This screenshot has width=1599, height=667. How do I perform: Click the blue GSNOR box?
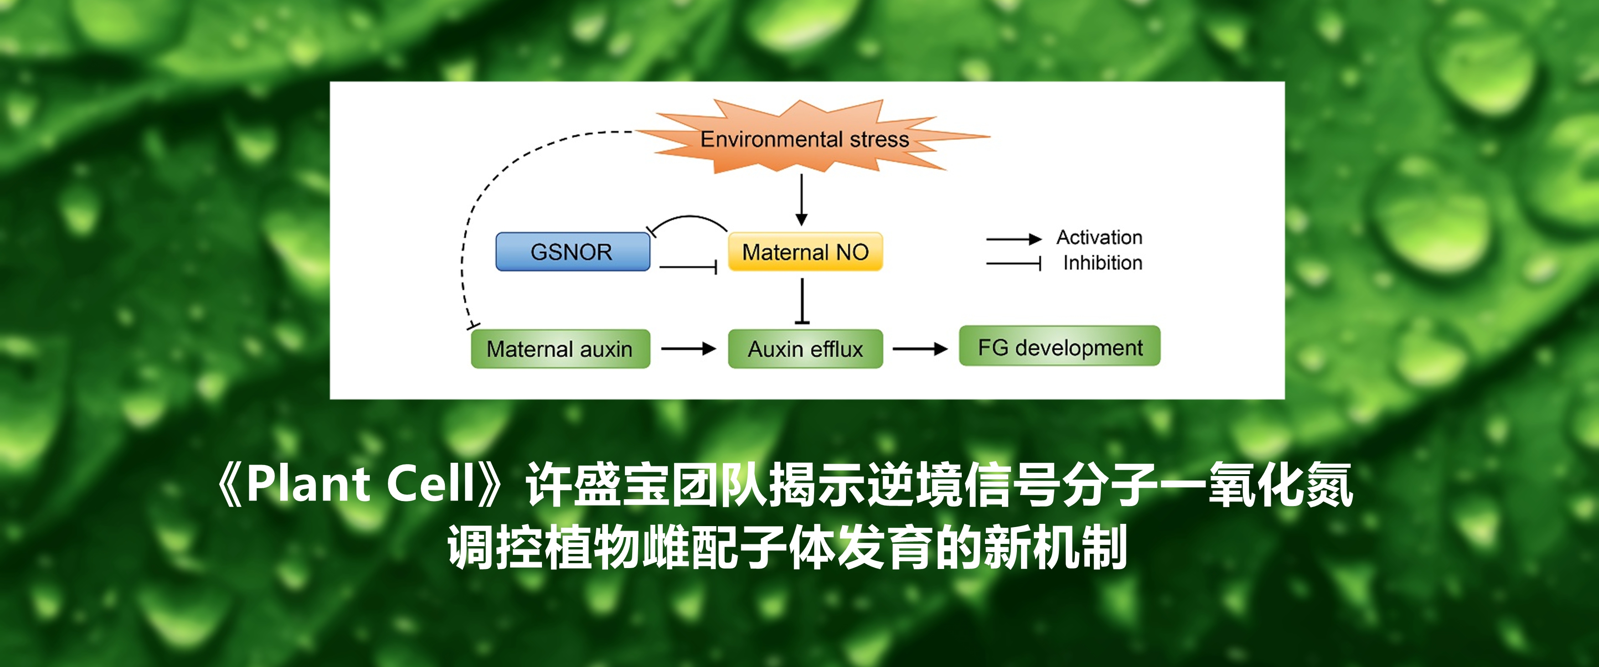pos(573,252)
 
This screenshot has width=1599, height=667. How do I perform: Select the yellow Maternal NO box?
pos(805,252)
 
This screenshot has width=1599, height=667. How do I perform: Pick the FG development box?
pos(1060,346)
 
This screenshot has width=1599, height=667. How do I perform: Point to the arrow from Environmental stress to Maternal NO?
pos(801,200)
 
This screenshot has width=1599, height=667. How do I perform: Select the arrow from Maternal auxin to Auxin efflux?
pos(689,349)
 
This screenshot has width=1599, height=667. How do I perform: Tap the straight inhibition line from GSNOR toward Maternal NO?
pos(688,268)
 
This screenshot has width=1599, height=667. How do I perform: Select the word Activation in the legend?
pos(1099,237)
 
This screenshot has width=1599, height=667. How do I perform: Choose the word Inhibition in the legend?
pos(1103,263)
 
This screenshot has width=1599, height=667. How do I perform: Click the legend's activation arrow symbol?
pos(1014,239)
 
